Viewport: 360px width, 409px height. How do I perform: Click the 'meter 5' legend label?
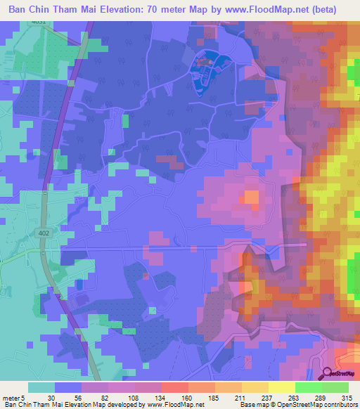pyautogui.click(x=13, y=398)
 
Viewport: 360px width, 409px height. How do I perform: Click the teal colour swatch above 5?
pyautogui.click(x=41, y=387)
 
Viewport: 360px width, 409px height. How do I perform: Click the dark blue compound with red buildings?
pyautogui.click(x=205, y=70)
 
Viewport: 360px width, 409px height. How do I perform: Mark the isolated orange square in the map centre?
pyautogui.click(x=250, y=198)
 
